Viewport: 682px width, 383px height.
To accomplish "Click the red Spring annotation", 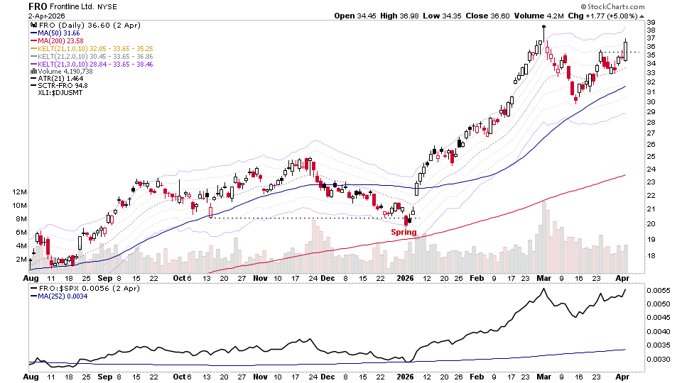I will tap(404, 232).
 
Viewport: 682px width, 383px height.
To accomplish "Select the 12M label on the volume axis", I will tap(18, 192).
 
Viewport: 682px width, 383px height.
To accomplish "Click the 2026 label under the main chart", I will tap(404, 279).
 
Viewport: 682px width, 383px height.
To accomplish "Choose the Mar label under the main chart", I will tap(544, 279).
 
